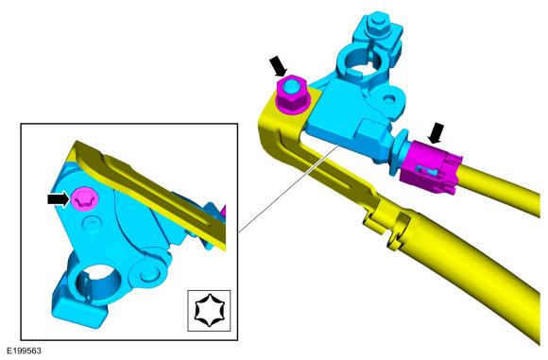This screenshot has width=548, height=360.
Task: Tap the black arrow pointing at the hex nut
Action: tap(279, 66)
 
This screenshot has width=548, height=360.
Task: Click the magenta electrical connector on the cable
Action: tap(432, 167)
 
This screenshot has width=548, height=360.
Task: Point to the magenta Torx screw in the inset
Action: tap(85, 198)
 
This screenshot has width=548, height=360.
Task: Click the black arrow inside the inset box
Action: tap(59, 199)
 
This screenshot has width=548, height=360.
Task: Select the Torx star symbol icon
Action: tap(209, 310)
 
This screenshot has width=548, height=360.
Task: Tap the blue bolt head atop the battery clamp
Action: tap(377, 26)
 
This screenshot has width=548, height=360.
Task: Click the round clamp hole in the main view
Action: tap(360, 61)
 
